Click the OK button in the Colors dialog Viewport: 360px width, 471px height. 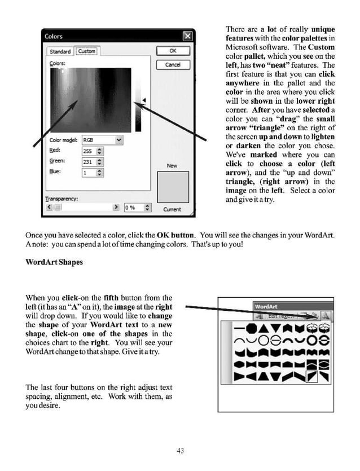coord(172,51)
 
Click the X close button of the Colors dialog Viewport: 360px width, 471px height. coord(187,37)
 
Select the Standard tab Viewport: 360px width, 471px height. coord(60,51)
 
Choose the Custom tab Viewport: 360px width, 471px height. coord(86,51)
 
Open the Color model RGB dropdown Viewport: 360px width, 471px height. coord(102,140)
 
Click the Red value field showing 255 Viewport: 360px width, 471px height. coord(88,151)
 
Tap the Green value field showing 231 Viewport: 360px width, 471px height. coord(88,162)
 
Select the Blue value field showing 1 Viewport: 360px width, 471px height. coord(88,173)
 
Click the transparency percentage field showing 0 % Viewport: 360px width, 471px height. coord(132,208)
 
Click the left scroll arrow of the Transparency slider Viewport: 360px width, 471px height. coord(49,208)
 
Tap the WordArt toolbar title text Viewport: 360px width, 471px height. coord(266,307)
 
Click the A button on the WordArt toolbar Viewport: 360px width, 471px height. coord(326,316)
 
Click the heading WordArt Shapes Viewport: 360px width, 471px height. coord(54,262)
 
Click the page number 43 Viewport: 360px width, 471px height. coord(180,450)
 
